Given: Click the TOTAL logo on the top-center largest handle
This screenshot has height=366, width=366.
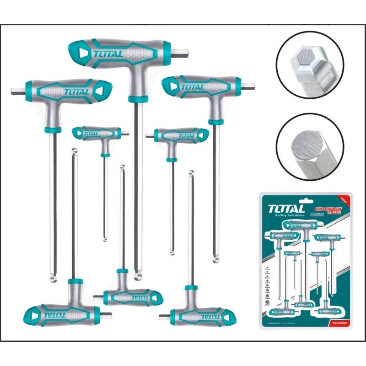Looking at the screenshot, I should pyautogui.click(x=108, y=54).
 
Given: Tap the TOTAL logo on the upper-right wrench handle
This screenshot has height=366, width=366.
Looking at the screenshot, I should pyautogui.click(x=192, y=87).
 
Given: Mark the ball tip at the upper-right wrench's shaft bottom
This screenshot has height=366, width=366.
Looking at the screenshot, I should pyautogui.click(x=216, y=259).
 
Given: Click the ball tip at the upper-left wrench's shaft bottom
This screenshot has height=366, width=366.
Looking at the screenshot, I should pyautogui.click(x=54, y=278).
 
